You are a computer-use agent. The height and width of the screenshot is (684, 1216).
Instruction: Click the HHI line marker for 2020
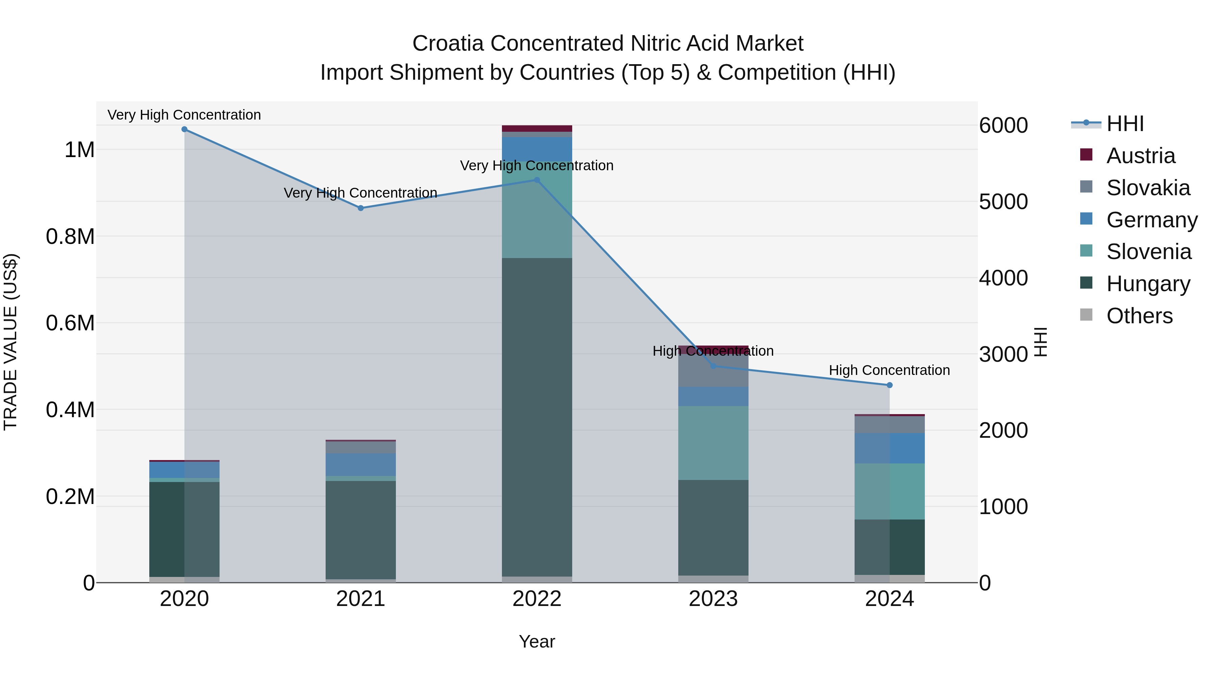184,129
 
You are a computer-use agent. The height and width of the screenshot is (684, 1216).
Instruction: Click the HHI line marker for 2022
537,180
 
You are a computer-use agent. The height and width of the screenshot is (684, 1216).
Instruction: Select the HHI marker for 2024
890,385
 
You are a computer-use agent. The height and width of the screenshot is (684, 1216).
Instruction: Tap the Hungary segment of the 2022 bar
537,415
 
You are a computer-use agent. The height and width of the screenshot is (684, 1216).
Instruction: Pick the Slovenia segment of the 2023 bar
713,443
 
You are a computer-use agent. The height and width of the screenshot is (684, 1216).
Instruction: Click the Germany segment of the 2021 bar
361,464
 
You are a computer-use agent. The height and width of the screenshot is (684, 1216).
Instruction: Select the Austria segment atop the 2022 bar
537,128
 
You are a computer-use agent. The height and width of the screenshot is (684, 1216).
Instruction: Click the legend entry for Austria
1140,156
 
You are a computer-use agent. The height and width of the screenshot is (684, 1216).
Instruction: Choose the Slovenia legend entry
1148,252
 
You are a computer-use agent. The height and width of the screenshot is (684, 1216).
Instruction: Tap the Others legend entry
1139,316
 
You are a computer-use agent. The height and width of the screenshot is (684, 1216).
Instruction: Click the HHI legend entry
1124,124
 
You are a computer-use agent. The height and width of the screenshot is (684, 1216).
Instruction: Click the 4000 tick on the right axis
1003,278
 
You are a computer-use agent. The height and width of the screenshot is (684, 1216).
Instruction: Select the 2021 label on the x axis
361,599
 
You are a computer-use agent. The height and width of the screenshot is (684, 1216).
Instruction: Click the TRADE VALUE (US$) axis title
10,342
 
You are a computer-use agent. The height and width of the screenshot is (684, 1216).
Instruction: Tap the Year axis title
537,641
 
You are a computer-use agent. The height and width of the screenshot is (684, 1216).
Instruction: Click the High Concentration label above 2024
889,370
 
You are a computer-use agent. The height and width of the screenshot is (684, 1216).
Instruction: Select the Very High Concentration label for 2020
184,115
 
